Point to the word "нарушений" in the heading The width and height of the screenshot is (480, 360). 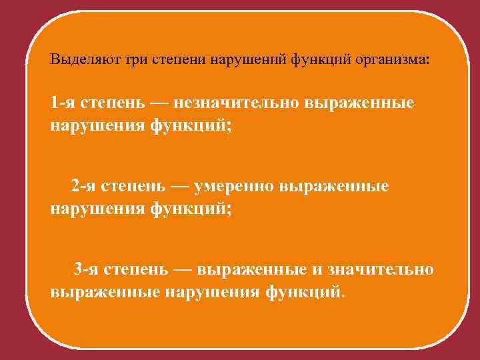(x=248, y=59)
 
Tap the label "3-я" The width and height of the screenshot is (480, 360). (x=87, y=269)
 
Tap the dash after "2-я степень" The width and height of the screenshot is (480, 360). (x=181, y=186)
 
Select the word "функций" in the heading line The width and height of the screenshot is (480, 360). (x=323, y=59)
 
